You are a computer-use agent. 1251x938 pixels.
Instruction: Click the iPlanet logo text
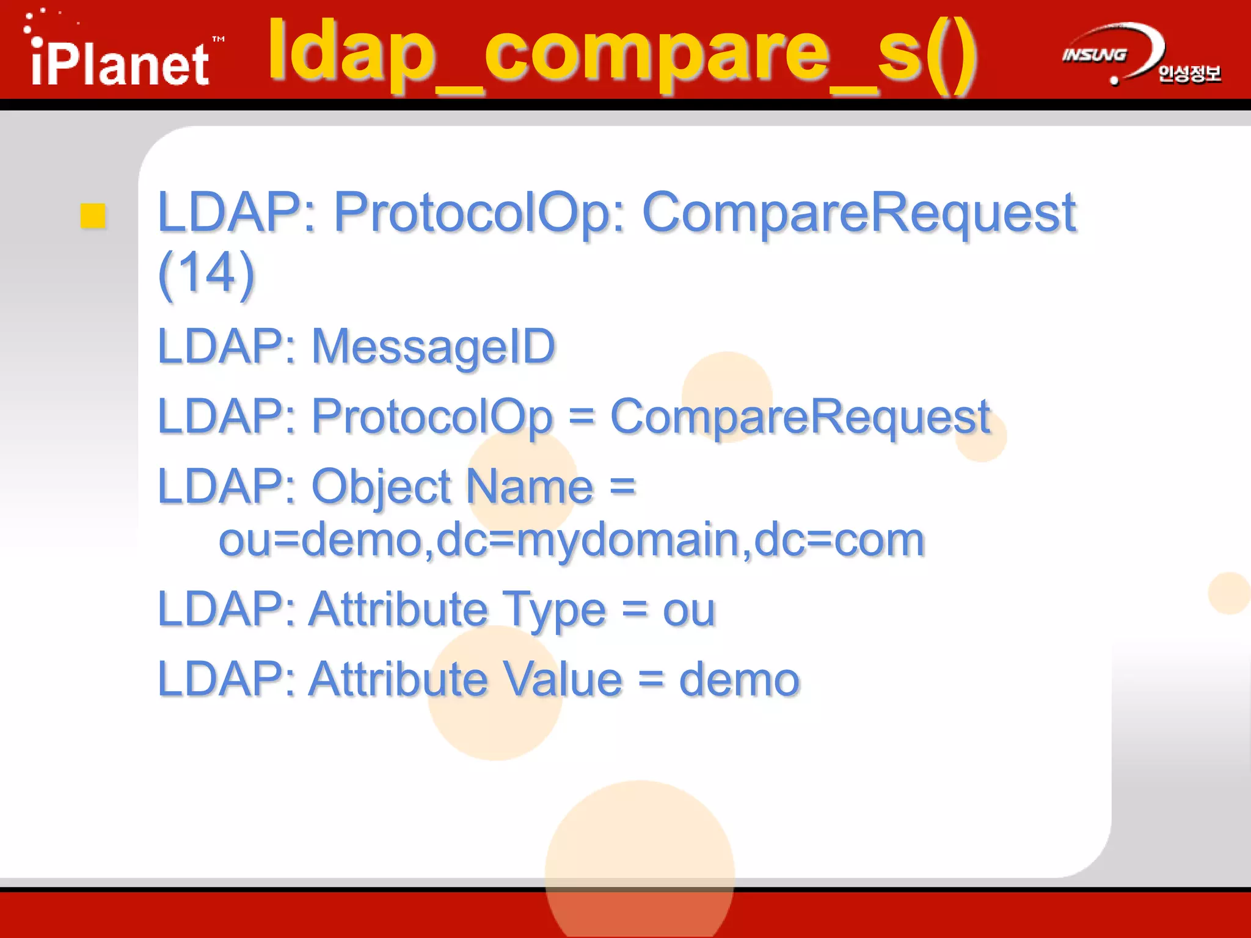click(119, 64)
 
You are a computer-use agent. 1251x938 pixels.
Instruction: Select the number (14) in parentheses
click(206, 272)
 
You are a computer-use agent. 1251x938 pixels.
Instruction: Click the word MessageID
click(433, 346)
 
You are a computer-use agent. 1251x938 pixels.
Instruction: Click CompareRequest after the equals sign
click(800, 416)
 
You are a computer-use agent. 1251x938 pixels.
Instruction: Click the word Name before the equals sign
click(530, 487)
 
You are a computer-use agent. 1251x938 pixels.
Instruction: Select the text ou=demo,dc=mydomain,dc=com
click(571, 540)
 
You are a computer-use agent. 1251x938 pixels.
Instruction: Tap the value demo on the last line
click(739, 680)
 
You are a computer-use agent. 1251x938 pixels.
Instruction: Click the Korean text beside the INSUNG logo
click(1189, 74)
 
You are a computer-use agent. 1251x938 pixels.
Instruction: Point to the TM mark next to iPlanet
click(218, 40)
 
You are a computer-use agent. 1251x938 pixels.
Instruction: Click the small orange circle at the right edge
click(1229, 593)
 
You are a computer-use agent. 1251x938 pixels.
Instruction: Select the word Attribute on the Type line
click(398, 609)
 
